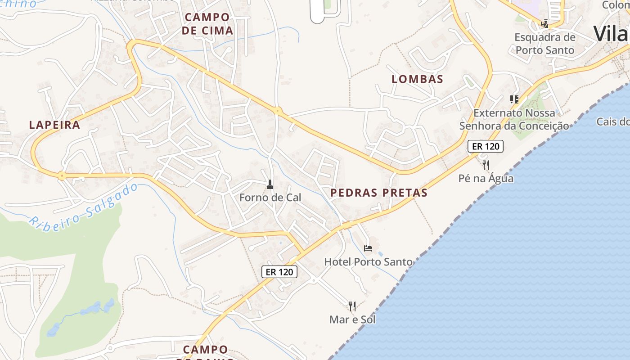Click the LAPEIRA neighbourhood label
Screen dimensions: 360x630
tap(54, 125)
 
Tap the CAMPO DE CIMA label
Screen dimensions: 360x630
tap(208, 24)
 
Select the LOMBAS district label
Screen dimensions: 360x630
tap(417, 79)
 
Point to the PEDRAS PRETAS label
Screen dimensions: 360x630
tap(378, 193)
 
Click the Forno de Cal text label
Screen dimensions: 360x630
tap(270, 197)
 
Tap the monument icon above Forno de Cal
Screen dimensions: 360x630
tap(270, 184)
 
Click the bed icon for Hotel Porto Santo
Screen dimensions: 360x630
tap(368, 248)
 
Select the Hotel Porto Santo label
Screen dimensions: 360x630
tap(368, 261)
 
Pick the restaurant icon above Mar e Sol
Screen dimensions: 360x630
tap(352, 306)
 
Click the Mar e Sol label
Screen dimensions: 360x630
tap(352, 319)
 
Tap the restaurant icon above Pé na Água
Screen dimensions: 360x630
tap(486, 165)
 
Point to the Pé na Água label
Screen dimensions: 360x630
tap(486, 178)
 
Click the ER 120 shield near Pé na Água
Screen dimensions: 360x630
tap(485, 146)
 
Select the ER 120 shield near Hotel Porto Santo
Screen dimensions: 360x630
tap(279, 271)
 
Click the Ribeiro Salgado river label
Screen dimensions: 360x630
tap(84, 205)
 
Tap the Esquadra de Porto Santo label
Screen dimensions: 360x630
tap(545, 43)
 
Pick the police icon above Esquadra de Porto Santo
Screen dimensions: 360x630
tap(545, 23)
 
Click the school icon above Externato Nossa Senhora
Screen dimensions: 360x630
tap(514, 99)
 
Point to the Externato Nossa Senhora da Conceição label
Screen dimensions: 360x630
tap(514, 119)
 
